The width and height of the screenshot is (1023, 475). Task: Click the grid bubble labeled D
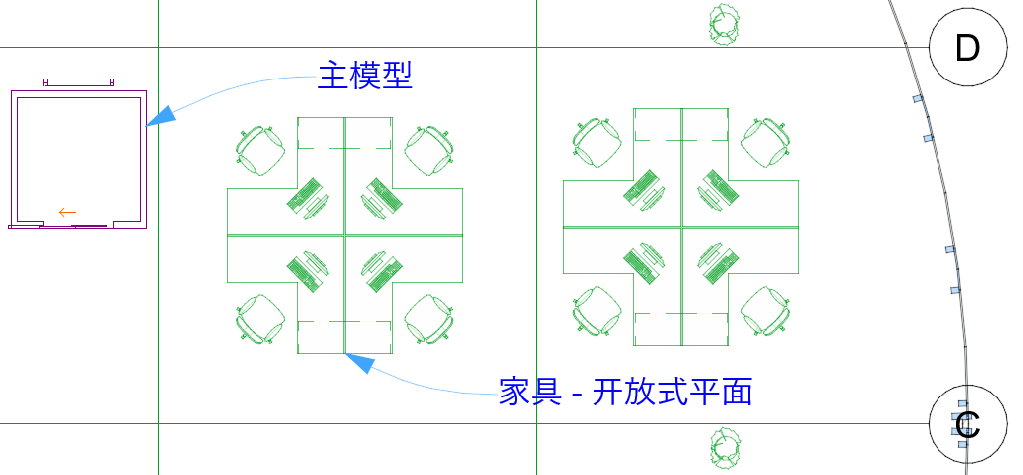click(x=967, y=48)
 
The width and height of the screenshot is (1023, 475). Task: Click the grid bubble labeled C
click(x=967, y=424)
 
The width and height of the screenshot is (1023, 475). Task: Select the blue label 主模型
click(x=364, y=76)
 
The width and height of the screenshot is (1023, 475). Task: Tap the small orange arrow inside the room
click(x=67, y=212)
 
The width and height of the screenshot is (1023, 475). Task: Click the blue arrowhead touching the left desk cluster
click(x=359, y=364)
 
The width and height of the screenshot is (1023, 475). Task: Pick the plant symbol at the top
click(x=723, y=23)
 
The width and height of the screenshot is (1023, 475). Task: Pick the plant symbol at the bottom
click(x=723, y=448)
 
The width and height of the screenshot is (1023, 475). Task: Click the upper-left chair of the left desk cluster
click(x=260, y=150)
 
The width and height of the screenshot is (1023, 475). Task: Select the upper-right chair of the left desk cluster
click(x=430, y=149)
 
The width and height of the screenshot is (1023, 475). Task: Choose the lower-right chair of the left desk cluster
click(x=430, y=318)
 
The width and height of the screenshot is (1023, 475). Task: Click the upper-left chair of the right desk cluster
click(x=597, y=142)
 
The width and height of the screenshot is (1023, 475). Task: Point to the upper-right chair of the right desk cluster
click(x=767, y=142)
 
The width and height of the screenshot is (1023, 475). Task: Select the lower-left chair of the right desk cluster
click(x=597, y=311)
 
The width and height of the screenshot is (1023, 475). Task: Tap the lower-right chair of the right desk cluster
click(x=767, y=311)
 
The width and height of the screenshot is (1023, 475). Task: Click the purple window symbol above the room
click(x=78, y=81)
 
